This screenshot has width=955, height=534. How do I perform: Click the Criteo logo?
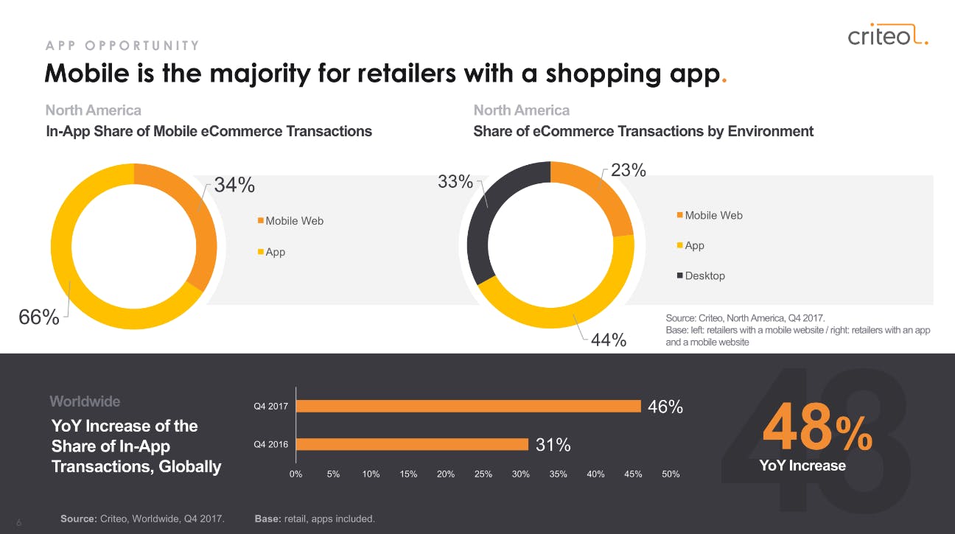pyautogui.click(x=887, y=35)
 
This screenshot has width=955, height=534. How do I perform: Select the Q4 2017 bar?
pyautogui.click(x=468, y=406)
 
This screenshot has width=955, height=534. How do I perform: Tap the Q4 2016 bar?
pyautogui.click(x=412, y=444)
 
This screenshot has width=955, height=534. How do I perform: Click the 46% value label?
pyautogui.click(x=665, y=407)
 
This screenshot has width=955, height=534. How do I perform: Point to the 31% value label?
pyautogui.click(x=553, y=445)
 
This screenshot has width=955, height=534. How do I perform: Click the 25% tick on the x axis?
pyautogui.click(x=483, y=474)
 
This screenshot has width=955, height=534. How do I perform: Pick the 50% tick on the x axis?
pyautogui.click(x=671, y=474)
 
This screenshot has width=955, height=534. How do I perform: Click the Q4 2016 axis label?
pyautogui.click(x=270, y=444)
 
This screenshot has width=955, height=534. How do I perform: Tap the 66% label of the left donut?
pyautogui.click(x=39, y=317)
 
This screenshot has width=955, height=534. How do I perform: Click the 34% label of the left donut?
pyautogui.click(x=234, y=186)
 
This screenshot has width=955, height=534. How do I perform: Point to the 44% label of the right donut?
pyautogui.click(x=609, y=340)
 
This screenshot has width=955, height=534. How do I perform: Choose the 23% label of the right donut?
pyautogui.click(x=629, y=170)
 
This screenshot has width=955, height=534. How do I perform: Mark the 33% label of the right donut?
pyautogui.click(x=455, y=181)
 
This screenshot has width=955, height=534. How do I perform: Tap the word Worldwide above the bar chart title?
pyautogui.click(x=85, y=401)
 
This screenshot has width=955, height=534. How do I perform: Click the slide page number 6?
pyautogui.click(x=19, y=522)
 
